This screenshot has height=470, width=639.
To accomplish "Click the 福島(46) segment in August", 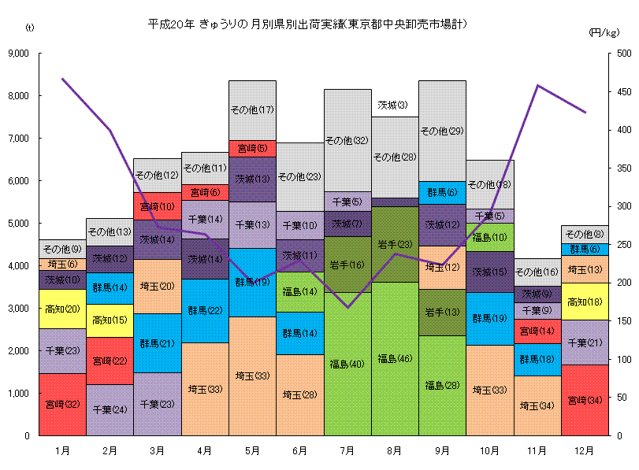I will coord(395,359).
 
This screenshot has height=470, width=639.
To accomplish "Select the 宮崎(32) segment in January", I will coord(62,404).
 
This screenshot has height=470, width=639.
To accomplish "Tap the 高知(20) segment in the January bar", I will coord(62,309).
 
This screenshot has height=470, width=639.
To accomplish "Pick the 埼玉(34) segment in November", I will coord(537,405).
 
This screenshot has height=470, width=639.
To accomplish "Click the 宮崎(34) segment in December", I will coord(585,400).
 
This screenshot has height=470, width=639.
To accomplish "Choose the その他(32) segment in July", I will coord(347,140).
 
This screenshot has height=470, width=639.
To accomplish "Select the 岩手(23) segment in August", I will coord(395,244).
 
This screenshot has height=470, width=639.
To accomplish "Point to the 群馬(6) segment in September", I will coord(442,192).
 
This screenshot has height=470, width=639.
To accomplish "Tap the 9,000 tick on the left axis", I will coord(17,54).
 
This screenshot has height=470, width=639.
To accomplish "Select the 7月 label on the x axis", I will coord(347,450).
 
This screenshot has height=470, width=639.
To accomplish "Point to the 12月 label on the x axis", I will coord(585,450).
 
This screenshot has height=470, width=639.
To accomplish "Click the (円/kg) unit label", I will coord(604,32).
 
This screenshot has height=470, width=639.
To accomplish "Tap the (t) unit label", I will coord(30,28).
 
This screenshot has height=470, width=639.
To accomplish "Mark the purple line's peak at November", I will coord(537,85).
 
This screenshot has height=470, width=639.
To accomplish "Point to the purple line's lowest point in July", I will coord(347,307).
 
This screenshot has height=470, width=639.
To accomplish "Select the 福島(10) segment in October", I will coord(489,236).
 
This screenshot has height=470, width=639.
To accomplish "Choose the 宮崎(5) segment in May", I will coord(252,148).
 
